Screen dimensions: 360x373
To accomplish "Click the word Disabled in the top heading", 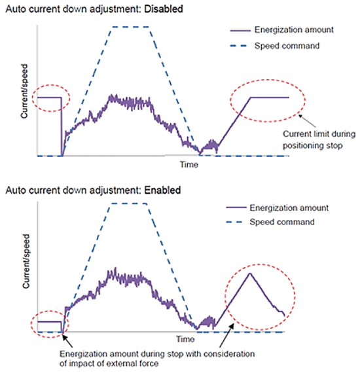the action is pos(164,9).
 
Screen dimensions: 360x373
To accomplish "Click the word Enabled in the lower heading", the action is pos(162,190).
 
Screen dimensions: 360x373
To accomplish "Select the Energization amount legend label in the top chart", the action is pos(294,30).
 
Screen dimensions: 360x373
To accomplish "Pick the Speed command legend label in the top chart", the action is pos(287,46).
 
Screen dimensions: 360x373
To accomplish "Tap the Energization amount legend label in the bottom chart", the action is pos(289,208).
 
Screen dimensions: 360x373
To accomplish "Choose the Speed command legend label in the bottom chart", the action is pos(282,222).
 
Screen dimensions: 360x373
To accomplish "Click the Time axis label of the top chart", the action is pos(189,164).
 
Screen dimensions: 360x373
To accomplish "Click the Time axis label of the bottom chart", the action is pos(185,339).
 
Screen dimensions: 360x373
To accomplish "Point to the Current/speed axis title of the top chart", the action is pos(24,91).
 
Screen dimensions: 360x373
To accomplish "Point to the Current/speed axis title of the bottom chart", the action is pos(26,261).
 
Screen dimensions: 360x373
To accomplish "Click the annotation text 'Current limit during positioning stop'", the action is pos(319,139).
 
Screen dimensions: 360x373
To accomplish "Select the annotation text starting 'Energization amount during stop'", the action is pos(157,359).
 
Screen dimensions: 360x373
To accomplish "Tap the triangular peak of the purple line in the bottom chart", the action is pos(250,274).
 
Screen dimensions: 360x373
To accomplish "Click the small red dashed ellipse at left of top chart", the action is pos(51,85).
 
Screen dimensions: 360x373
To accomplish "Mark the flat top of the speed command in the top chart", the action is pos(131,27).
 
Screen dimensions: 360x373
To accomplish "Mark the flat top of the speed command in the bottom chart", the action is pos(129,204).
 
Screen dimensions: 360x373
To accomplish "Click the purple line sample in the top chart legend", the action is pos(240,31).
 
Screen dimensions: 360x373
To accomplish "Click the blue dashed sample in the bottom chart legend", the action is pos(234,222).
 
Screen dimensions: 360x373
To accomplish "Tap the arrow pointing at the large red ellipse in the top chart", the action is pos(307,121).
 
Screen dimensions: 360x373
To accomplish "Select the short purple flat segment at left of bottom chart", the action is pos(50,322).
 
